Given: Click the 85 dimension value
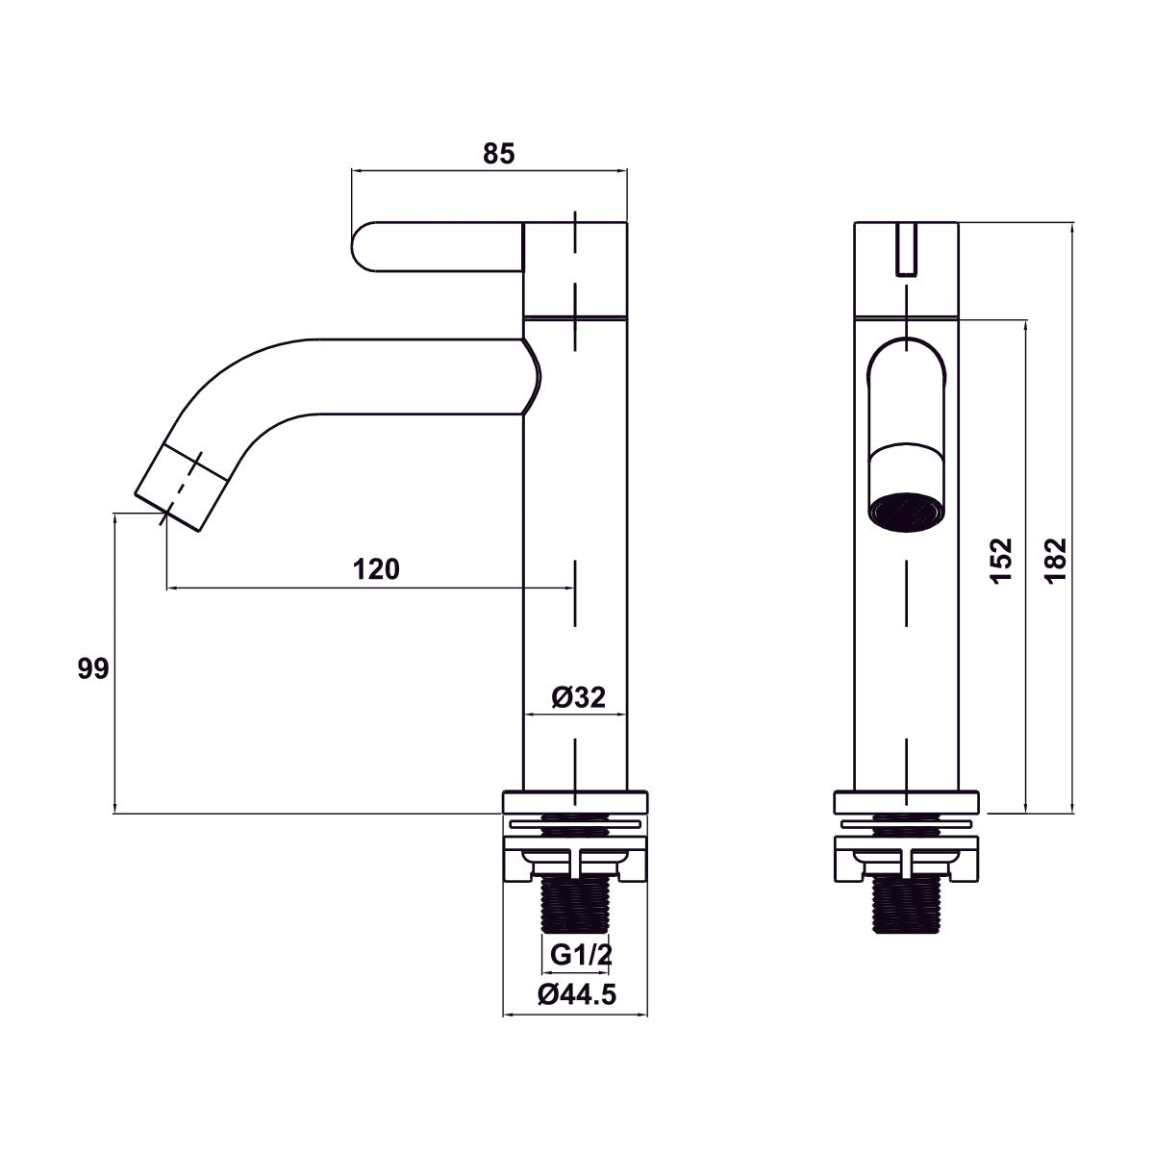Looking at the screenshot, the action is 498,154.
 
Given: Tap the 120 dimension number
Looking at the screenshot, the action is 375,569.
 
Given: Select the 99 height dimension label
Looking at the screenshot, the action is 93,668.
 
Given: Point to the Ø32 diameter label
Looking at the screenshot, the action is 578,696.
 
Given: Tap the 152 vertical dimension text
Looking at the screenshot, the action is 1001,561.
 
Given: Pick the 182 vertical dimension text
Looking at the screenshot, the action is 1055,561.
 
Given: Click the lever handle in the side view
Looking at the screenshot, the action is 439,247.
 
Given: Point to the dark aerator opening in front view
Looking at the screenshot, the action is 907,513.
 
